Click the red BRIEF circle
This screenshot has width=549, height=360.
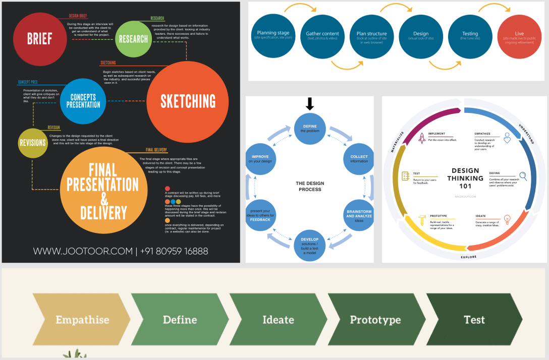point(39,39)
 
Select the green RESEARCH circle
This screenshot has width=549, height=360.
point(133,39)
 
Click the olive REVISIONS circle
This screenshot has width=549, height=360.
point(33,143)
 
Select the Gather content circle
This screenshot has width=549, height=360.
point(322,36)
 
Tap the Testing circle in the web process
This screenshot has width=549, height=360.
point(470,36)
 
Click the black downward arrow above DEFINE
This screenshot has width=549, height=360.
point(310,104)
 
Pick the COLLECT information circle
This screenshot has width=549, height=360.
point(359,158)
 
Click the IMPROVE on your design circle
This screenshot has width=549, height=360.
point(260,158)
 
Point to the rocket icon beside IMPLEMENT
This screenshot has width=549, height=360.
point(422,138)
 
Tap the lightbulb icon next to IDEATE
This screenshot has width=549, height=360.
point(507,219)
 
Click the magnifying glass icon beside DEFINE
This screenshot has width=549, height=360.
point(523,176)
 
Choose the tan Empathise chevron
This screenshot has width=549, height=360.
point(81,320)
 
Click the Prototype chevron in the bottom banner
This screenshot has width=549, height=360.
point(376,320)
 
